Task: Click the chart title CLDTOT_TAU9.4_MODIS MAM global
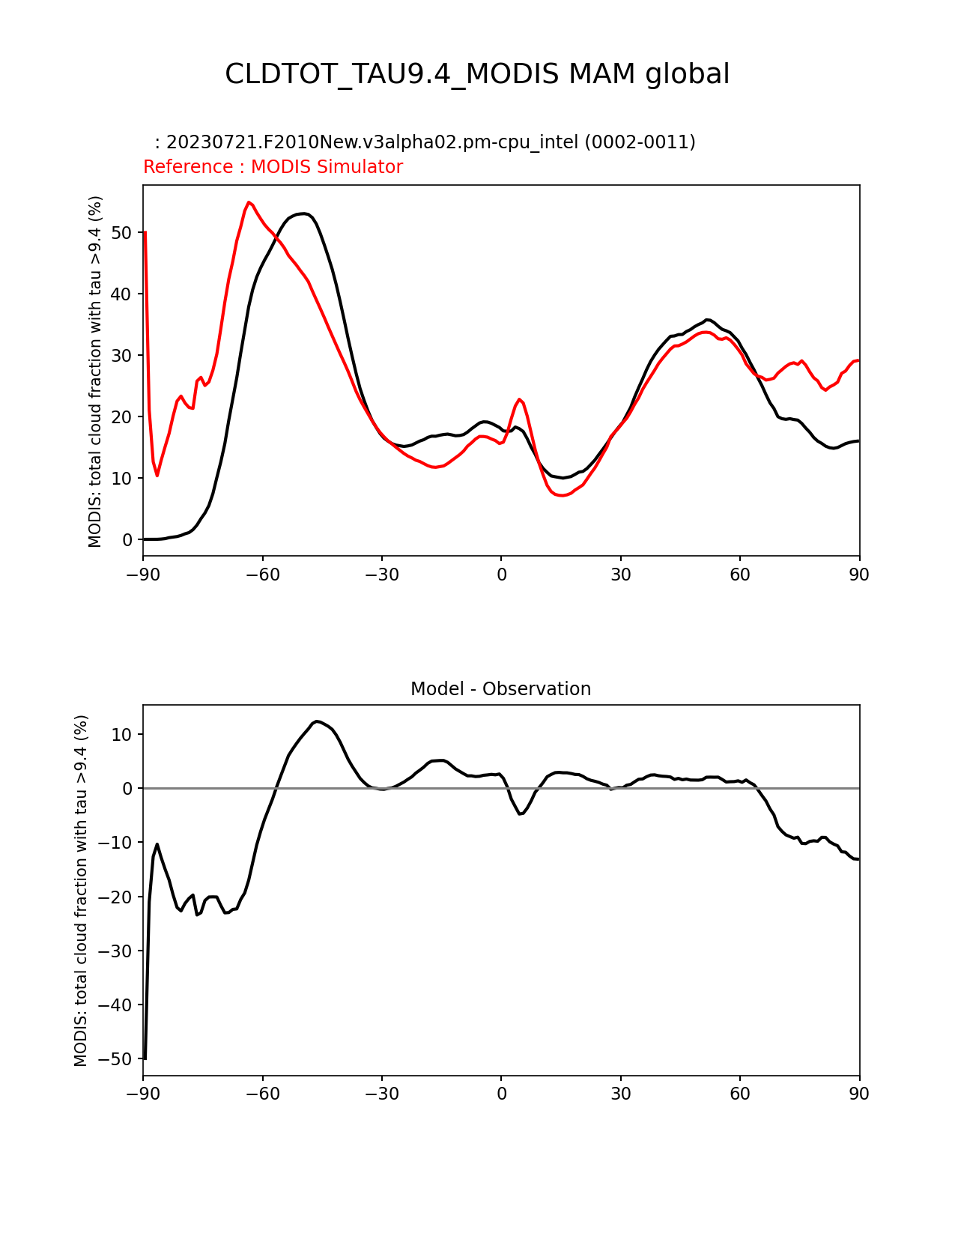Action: [477, 74]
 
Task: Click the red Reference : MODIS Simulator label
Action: [273, 167]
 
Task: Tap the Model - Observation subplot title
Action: [500, 689]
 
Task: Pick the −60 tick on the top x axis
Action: [262, 575]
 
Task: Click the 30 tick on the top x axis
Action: [620, 575]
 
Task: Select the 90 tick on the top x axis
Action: [859, 575]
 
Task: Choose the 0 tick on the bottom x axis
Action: [501, 1094]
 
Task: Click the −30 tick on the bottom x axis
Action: [381, 1094]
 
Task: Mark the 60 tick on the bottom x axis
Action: [740, 1094]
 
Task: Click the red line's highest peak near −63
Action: [249, 202]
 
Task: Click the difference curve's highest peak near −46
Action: [318, 721]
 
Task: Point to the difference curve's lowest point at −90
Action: [145, 1058]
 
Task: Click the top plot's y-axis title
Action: [95, 371]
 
